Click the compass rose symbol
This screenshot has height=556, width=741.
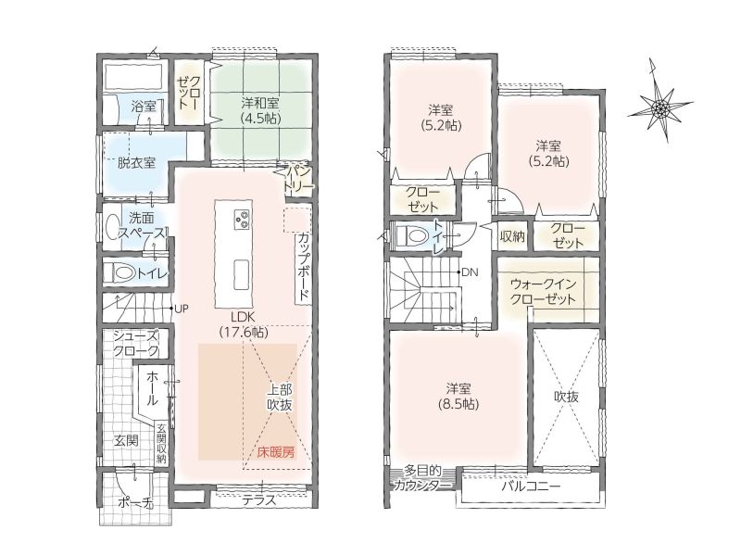pyautogui.click(x=659, y=108)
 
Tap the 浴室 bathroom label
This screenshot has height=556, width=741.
pyautogui.click(x=144, y=106)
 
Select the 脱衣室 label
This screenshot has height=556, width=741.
pyautogui.click(x=136, y=163)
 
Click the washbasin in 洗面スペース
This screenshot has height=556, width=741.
pyautogui.click(x=113, y=226)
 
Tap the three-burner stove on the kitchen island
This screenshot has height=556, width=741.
pyautogui.click(x=242, y=220)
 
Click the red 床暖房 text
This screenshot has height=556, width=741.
pyautogui.click(x=276, y=452)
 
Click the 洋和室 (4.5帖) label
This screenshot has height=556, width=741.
pyautogui.click(x=260, y=109)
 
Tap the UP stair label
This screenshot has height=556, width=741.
pyautogui.click(x=182, y=310)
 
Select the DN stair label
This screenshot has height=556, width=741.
pyautogui.click(x=470, y=272)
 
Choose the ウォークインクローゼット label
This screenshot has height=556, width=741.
pyautogui.click(x=544, y=292)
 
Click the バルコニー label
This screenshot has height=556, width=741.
pyautogui.click(x=531, y=486)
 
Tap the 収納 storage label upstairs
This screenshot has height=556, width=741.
pyautogui.click(x=512, y=236)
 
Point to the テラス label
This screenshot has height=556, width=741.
pyautogui.click(x=259, y=500)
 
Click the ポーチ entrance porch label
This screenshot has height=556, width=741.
pyautogui.click(x=135, y=504)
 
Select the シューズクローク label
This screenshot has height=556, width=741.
pyautogui.click(x=136, y=344)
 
